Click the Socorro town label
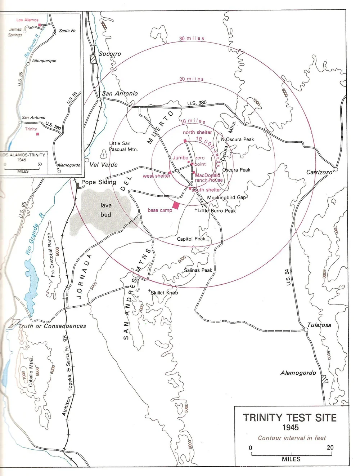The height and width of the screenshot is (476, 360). pos(110,54)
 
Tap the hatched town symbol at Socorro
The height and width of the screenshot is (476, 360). pos(94,59)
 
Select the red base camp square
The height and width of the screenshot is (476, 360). pos(176,205)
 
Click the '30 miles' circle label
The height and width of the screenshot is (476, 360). pos(192,38)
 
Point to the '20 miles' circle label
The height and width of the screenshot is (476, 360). pos(192,79)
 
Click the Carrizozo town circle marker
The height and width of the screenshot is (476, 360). pos(336,169)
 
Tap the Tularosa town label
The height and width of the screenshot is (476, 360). pos(319,325)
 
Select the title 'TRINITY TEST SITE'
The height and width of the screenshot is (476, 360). pos(290,418)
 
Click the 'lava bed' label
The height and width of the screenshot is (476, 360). pos(106,210)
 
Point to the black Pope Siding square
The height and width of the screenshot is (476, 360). pos(77,185)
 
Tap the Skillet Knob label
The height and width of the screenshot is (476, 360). pos(164,293)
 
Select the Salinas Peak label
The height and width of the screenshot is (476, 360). pos(198,270)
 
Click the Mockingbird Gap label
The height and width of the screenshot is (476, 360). pos(226,197)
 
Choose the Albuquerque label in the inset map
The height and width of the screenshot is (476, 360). pos(44,61)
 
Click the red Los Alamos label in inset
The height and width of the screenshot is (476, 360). pos(27,20)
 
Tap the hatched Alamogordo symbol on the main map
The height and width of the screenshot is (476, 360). pos(325,379)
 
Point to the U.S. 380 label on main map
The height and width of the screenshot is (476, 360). pos(197,103)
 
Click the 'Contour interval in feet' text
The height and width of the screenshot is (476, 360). pos(292,438)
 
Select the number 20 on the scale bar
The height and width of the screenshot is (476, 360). pos(330,448)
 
